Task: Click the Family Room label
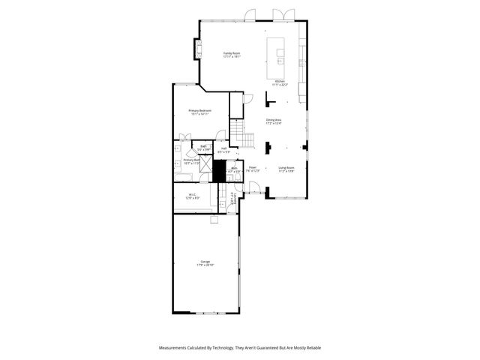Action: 231,54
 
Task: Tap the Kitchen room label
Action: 280,82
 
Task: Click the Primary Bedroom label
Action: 199,112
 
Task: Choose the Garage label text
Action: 205,262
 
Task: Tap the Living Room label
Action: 286,169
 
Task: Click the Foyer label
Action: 253,169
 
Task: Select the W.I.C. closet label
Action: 192,196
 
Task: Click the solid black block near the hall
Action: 219,171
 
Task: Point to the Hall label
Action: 223,151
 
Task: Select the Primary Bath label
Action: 191,160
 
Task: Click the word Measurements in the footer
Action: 174,347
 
